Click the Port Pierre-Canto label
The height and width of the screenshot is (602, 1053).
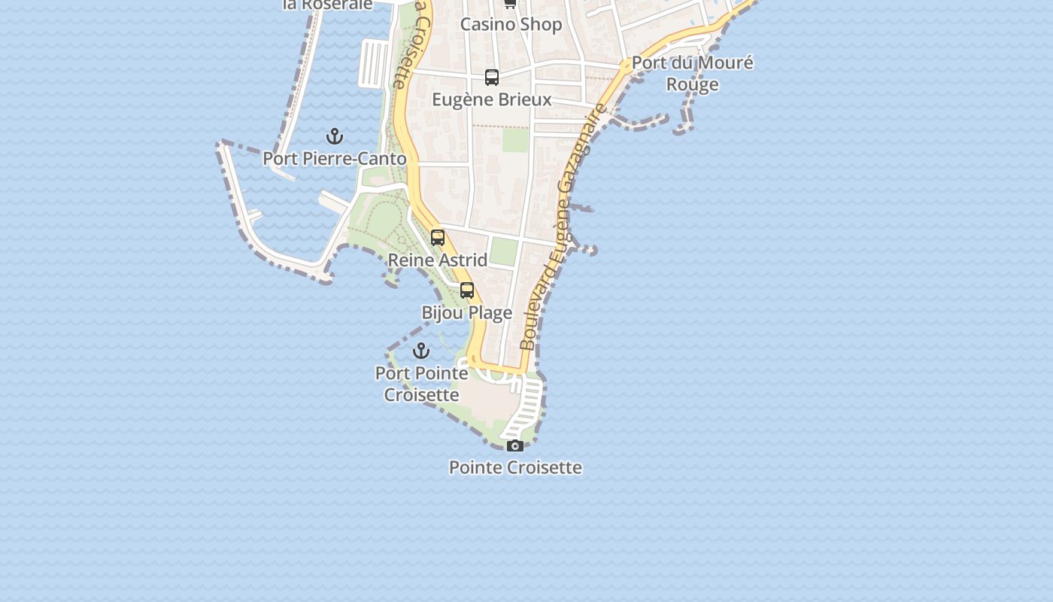(x=335, y=159)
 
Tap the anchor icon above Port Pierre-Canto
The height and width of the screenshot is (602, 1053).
(x=335, y=136)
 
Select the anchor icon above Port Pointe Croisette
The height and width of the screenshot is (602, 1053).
(x=421, y=351)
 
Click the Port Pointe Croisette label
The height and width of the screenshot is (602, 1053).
(x=421, y=384)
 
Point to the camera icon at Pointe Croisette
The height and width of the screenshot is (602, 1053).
(x=515, y=446)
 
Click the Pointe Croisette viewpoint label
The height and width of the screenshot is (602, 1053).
(x=515, y=467)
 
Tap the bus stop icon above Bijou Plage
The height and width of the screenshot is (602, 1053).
(x=467, y=290)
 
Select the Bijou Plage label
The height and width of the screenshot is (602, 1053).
(x=466, y=313)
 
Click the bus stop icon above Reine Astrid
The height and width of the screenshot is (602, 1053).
(x=438, y=238)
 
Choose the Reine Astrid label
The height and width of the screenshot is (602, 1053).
(x=438, y=260)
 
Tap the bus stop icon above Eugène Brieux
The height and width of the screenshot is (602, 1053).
(x=492, y=78)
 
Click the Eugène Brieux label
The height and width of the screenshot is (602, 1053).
(x=492, y=99)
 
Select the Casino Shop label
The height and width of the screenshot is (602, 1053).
(x=511, y=24)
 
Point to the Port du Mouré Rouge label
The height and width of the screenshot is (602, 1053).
(x=692, y=73)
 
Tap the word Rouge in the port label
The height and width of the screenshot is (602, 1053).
(x=692, y=84)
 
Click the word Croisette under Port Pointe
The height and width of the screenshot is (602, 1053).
(x=421, y=395)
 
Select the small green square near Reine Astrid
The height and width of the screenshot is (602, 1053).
(x=503, y=251)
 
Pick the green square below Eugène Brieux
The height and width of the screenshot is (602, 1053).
(x=515, y=140)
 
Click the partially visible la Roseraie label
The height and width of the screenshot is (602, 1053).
(x=328, y=5)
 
